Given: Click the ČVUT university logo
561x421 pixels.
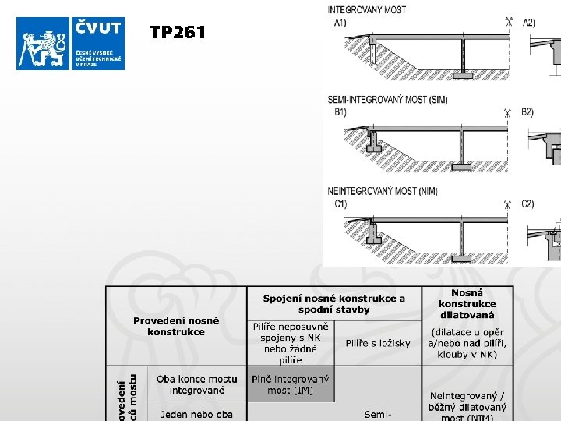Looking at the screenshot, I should [70, 43].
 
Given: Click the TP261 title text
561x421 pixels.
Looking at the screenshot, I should [178, 32].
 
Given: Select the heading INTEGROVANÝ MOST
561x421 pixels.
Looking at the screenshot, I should [367, 9].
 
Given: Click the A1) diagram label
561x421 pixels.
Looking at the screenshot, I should [340, 22].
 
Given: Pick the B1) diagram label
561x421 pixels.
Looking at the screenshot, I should [340, 112].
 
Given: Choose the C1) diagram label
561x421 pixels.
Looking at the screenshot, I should [340, 203].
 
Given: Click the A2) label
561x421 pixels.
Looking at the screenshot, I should [529, 22].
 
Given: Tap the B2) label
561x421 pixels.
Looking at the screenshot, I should [528, 112].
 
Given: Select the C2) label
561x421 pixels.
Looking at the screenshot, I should [528, 203].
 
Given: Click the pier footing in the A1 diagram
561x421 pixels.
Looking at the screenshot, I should [462, 75].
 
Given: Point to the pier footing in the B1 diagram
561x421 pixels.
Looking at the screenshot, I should [462, 166].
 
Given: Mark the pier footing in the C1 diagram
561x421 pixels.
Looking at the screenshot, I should [462, 257].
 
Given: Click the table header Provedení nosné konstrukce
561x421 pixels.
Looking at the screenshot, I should [176, 326].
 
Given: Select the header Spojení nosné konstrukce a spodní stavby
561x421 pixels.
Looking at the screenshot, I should [334, 304].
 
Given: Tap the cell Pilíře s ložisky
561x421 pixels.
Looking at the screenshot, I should [378, 343].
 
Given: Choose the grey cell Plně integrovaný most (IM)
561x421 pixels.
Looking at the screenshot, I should [290, 384].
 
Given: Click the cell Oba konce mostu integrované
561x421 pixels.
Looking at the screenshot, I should [196, 384].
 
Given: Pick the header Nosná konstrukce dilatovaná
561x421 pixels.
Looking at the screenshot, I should [467, 303].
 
